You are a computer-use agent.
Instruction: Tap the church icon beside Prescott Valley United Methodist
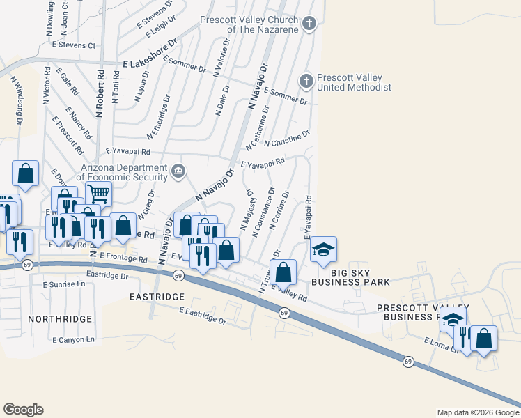point(306,82)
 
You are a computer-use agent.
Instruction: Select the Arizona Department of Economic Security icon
point(178,170)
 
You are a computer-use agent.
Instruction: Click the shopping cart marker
point(98,194)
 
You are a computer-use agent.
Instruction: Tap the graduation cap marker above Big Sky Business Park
point(322,249)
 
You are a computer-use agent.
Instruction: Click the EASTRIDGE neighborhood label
point(155,296)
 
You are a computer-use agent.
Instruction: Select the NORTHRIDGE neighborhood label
point(60,318)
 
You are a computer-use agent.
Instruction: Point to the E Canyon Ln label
point(73,340)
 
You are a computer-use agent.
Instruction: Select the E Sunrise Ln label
point(63,284)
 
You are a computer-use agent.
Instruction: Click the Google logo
point(23,410)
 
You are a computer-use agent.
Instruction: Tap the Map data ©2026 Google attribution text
point(477,412)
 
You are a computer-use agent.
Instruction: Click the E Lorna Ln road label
point(442,344)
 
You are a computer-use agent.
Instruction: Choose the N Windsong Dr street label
point(16,100)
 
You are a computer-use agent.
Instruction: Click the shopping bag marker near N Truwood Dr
point(283,272)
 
